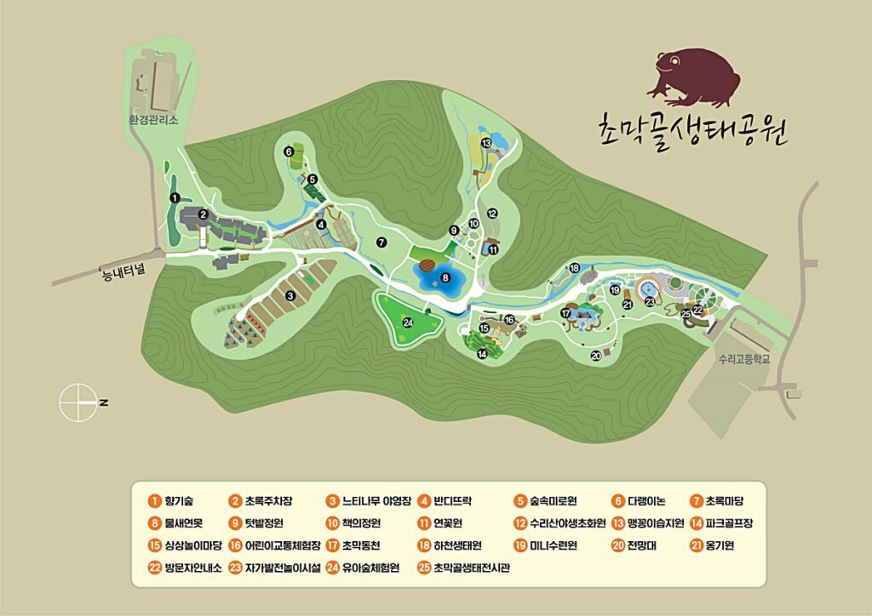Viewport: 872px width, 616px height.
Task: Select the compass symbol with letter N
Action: [x=78, y=402]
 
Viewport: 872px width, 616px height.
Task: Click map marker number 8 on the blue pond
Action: [x=445, y=277]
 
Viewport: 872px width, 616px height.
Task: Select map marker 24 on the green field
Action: [x=408, y=322]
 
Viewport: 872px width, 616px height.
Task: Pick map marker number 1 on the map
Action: [x=175, y=197]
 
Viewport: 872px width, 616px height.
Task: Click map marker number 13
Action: [x=486, y=143]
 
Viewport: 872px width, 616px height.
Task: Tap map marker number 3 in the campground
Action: [x=290, y=295]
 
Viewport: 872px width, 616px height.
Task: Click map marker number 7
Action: [x=382, y=242]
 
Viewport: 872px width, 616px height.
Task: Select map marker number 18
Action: [x=575, y=268]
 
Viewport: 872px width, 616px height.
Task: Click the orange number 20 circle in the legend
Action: [x=617, y=546]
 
